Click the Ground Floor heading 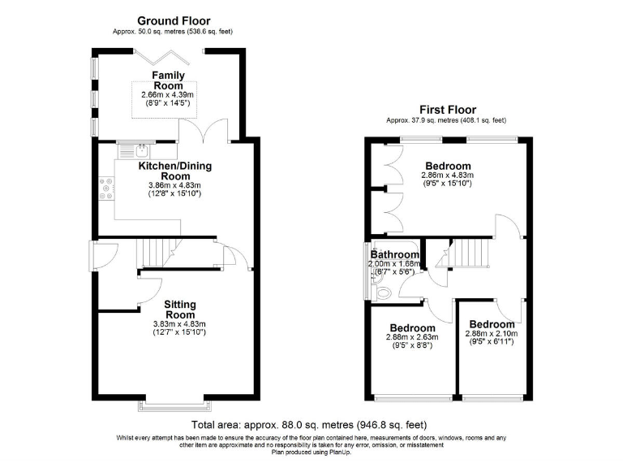pyautogui.click(x=174, y=20)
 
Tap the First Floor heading pyautogui.click(x=447, y=110)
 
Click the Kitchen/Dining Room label pyautogui.click(x=175, y=171)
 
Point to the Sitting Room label pyautogui.click(x=180, y=310)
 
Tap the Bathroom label pyautogui.click(x=395, y=253)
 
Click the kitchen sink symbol pyautogui.click(x=140, y=149)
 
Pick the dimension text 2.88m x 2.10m pyautogui.click(x=492, y=334)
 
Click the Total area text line pyautogui.click(x=309, y=425)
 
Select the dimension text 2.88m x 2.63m pyautogui.click(x=412, y=337)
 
